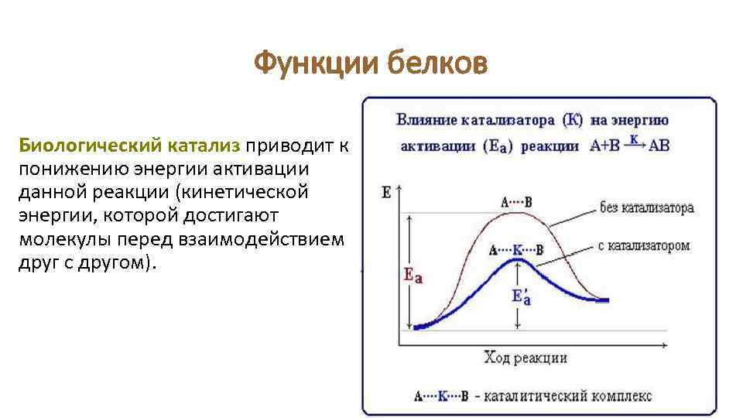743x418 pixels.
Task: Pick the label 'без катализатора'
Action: [645, 207]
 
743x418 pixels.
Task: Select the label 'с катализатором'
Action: [643, 245]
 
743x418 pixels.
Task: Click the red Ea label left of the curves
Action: [413, 275]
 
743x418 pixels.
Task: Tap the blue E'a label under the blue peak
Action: [522, 297]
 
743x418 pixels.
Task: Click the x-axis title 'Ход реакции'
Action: [526, 357]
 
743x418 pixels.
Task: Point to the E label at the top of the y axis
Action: [386, 192]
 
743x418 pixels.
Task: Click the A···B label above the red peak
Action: [516, 202]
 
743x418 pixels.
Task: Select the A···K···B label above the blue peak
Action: [516, 250]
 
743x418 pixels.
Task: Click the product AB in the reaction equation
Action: [658, 146]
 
